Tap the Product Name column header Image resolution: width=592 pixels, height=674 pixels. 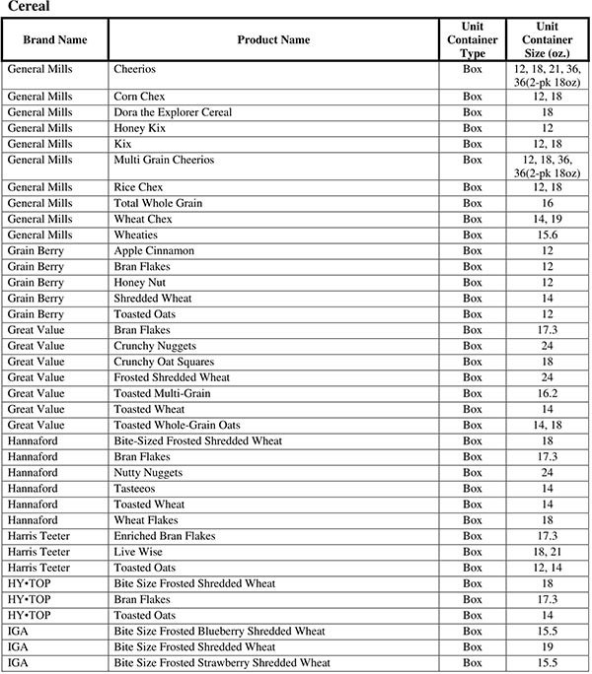(x=273, y=39)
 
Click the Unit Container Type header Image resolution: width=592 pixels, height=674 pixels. (x=473, y=39)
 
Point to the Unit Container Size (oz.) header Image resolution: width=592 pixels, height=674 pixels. (x=548, y=39)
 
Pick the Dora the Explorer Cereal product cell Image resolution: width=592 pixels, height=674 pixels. (x=173, y=112)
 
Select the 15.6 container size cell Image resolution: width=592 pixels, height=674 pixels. (x=547, y=235)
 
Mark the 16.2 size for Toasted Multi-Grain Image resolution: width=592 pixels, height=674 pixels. (x=547, y=393)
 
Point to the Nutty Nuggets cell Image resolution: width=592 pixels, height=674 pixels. (x=150, y=472)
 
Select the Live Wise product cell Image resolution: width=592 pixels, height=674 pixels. (x=139, y=552)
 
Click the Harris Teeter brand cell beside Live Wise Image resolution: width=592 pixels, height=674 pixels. (x=38, y=552)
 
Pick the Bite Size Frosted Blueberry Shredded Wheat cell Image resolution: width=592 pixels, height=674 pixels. (x=219, y=631)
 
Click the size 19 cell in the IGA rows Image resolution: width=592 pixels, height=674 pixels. (x=547, y=646)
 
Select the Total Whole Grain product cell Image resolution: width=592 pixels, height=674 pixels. (x=159, y=203)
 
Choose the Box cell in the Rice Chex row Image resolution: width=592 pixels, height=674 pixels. (x=473, y=187)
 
